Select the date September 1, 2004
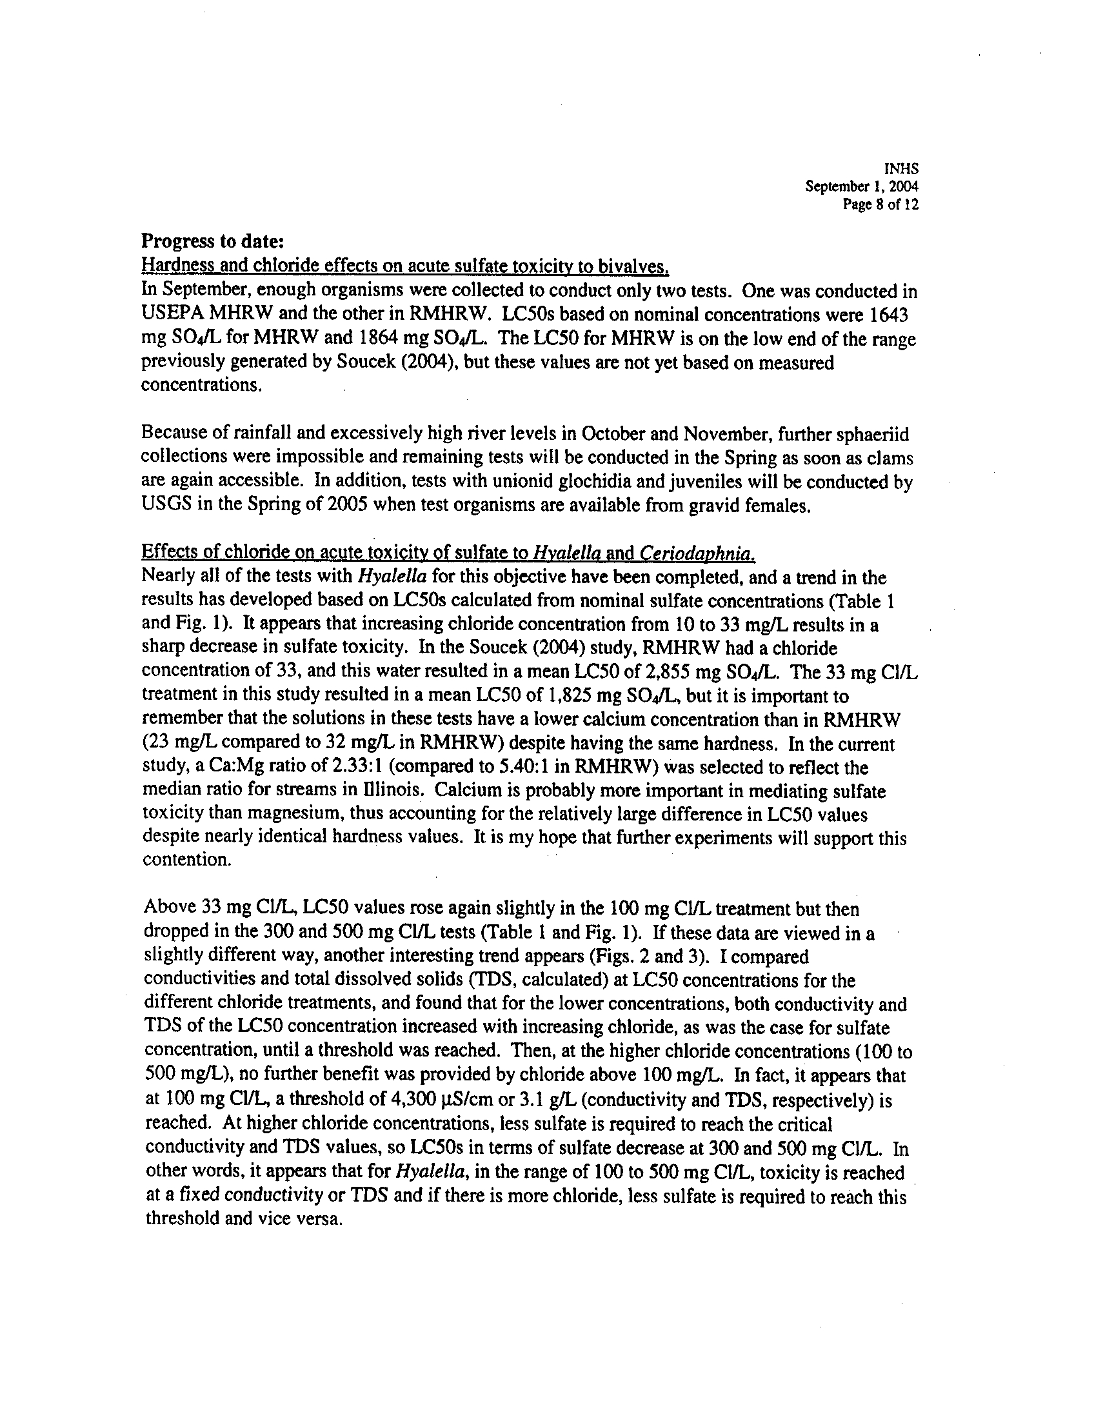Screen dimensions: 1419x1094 point(861,186)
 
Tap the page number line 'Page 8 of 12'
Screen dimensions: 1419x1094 point(880,204)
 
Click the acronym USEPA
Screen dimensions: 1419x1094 point(168,315)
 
